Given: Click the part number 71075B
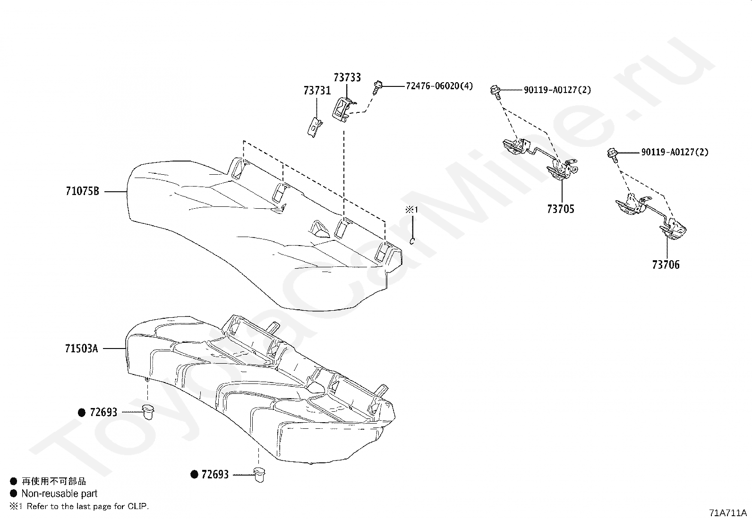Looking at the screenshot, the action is tap(83, 191).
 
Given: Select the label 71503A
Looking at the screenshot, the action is tap(82, 349).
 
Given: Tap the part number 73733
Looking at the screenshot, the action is tap(347, 77).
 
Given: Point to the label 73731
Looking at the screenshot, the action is tap(317, 91).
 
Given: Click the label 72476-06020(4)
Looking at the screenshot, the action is tap(439, 86).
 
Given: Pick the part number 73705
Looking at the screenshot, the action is tap(561, 209).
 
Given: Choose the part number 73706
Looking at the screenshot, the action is tap(666, 265).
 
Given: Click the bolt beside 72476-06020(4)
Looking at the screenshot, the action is tap(378, 87).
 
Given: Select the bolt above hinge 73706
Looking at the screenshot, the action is tap(613, 155).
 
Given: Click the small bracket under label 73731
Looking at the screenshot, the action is tap(315, 127).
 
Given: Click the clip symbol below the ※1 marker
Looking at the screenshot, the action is tap(412, 241).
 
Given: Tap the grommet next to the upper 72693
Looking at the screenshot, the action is tap(148, 412).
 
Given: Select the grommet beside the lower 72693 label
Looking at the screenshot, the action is tap(259, 474).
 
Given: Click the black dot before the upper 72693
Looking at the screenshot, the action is tap(82, 413).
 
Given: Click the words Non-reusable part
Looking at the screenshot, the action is tap(60, 493).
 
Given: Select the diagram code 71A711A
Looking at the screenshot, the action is tap(728, 513).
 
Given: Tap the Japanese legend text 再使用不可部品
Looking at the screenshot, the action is tap(54, 481).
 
